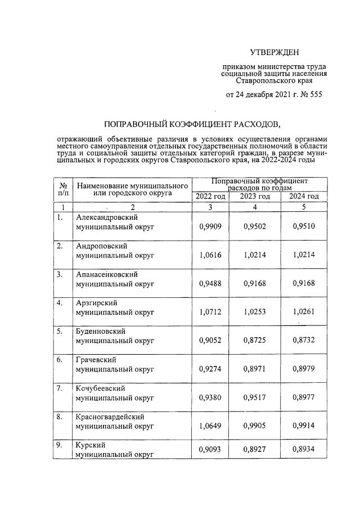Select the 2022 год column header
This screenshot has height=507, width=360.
pos(210,196)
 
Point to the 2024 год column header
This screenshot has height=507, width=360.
pos(304,196)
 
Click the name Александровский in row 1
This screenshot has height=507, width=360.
pos(107,218)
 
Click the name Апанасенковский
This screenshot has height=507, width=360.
pos(107,275)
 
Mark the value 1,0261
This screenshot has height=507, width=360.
pos(304,313)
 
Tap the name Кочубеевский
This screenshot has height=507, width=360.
pos(101,389)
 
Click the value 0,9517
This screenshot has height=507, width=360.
pos(255,398)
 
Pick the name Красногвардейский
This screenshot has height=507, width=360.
pos(110,417)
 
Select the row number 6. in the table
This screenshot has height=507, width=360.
pos(59,360)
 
